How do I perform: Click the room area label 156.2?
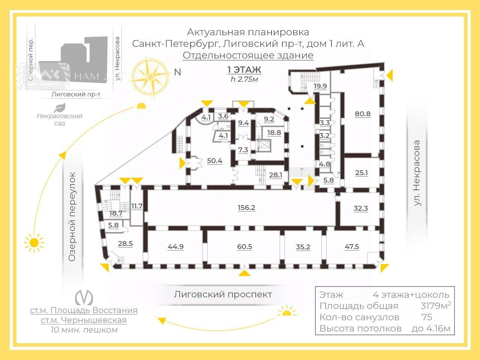[x=246, y=207]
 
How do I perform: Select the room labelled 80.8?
[x=363, y=114]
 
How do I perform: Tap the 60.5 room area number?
[x=244, y=247]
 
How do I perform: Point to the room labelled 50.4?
[x=214, y=161]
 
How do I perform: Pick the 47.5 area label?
[x=352, y=246]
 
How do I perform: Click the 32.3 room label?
[x=361, y=208]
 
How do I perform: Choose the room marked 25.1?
[x=361, y=173]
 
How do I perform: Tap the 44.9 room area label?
[x=175, y=247]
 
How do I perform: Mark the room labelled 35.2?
[x=303, y=247]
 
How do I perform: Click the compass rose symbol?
[x=152, y=76]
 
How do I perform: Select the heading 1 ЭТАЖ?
[x=244, y=70]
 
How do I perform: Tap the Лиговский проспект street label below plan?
[x=223, y=294]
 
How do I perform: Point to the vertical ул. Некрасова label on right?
[x=417, y=173]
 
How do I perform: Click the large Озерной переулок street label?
[x=72, y=217]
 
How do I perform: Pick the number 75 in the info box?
[x=427, y=317]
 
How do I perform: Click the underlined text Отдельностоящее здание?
[x=248, y=55]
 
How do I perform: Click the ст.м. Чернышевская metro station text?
[x=83, y=320]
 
